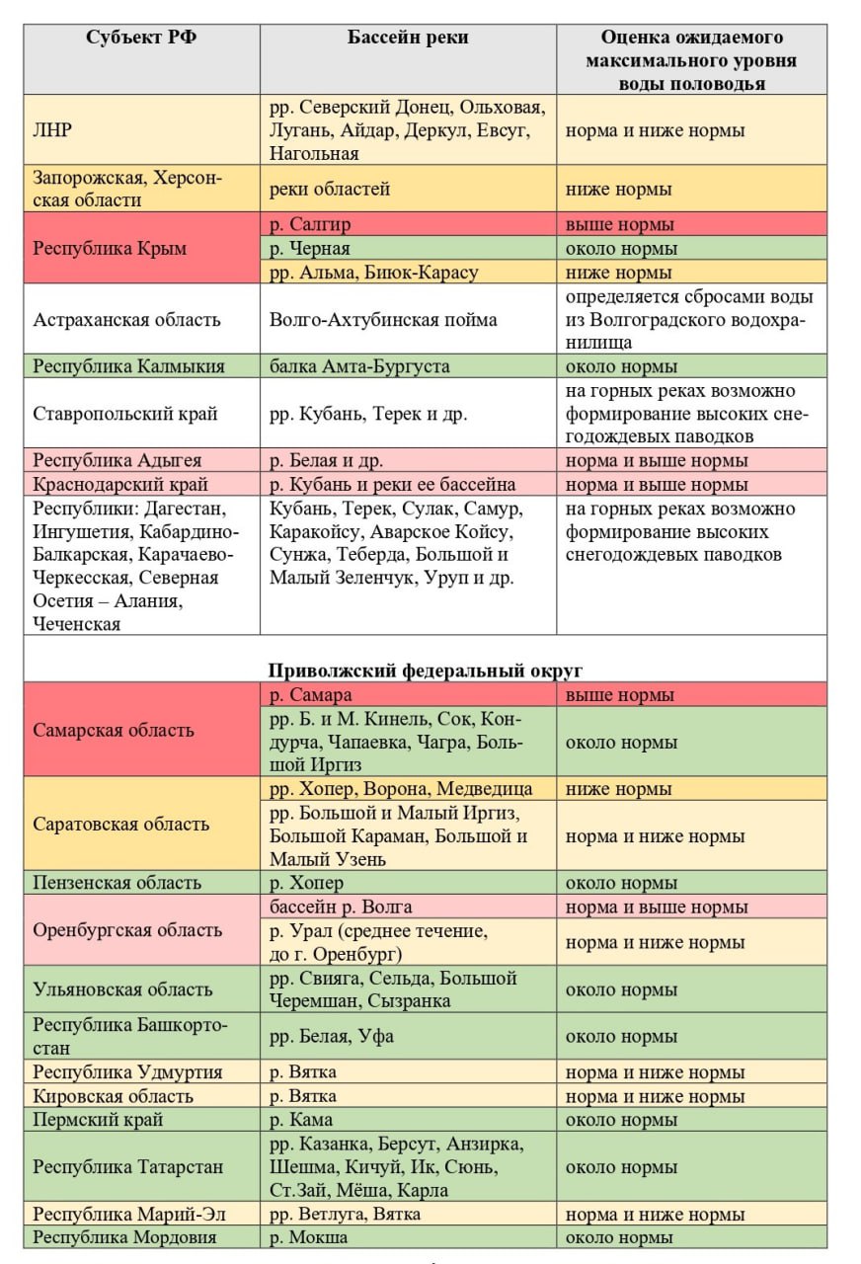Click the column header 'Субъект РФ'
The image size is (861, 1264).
tap(141, 39)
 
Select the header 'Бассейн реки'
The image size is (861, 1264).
tap(408, 39)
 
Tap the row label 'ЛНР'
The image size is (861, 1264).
tap(52, 130)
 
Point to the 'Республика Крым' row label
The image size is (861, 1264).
tap(110, 249)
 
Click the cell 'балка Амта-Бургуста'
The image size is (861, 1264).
tap(359, 366)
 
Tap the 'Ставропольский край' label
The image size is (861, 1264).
tap(125, 414)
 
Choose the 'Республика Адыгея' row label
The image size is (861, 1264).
tap(117, 460)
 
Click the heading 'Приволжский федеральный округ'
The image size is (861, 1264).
tap(425, 671)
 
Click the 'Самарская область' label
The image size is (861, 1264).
tap(114, 731)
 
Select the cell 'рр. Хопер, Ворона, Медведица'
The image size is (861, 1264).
tap(401, 789)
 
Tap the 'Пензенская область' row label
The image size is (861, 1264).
tap(117, 883)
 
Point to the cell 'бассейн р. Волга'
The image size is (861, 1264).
tap(341, 907)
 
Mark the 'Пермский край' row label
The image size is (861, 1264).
tap(99, 1120)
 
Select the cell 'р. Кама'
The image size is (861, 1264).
tap(301, 1120)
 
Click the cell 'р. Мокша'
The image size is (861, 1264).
tap(308, 1237)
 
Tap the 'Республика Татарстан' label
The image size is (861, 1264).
tap(128, 1167)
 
